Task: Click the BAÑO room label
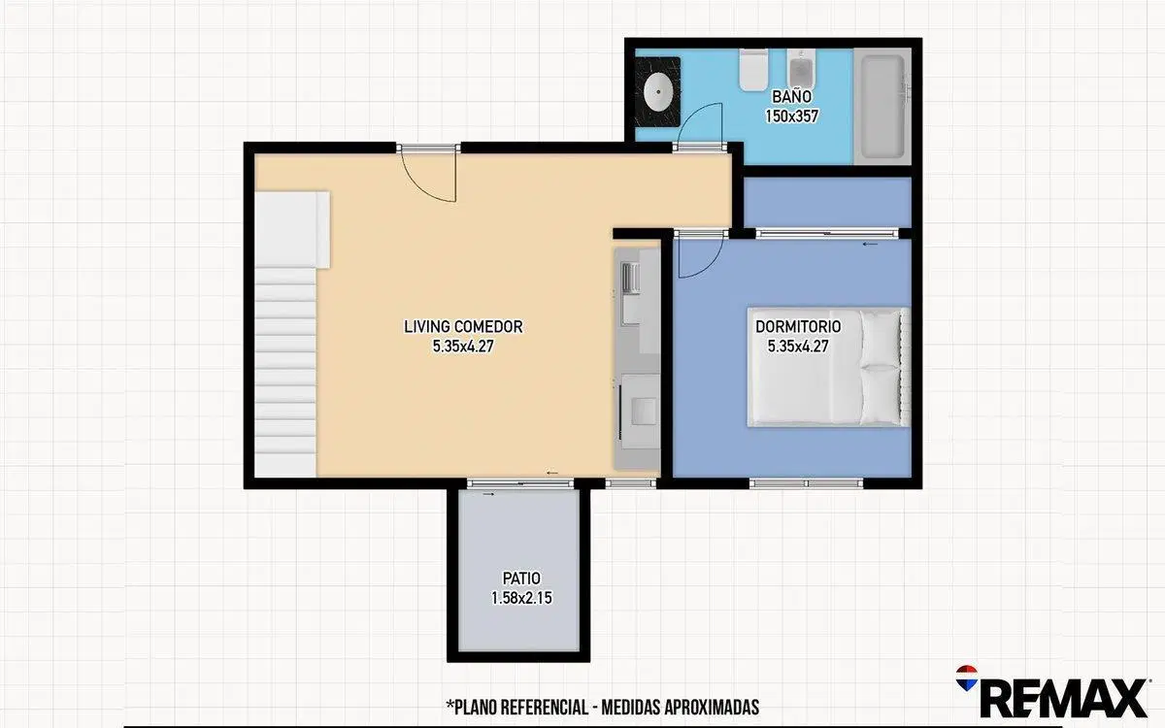tap(791, 97)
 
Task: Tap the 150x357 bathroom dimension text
tap(791, 116)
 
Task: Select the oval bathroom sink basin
tap(658, 92)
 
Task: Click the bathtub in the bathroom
tap(882, 107)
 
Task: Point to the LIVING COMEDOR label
tap(463, 326)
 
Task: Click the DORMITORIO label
tap(798, 326)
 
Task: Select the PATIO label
tap(521, 579)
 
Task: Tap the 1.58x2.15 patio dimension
tap(521, 598)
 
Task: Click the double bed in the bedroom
tap(828, 367)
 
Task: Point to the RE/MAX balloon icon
tap(967, 678)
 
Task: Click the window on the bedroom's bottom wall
tap(806, 483)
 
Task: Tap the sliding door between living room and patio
tap(520, 483)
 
